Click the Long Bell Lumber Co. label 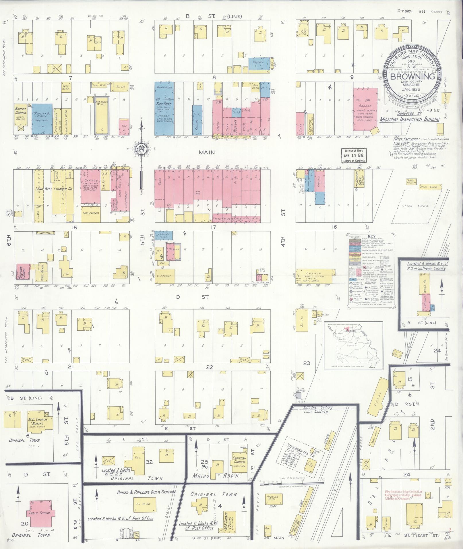[54, 189]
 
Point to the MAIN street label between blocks [207, 152]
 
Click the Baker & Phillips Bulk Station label [146, 492]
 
